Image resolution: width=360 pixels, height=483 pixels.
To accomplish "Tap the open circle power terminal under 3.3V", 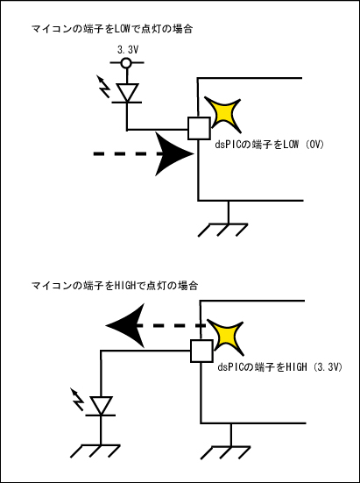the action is coord(126,63).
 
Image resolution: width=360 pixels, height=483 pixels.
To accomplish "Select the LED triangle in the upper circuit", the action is coord(126,92).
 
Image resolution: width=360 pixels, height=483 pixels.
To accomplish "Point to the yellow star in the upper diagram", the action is coord(222,115).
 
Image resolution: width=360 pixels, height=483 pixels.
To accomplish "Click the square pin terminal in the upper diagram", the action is coord(199,128).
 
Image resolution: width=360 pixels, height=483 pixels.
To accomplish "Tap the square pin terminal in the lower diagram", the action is coord(201,351).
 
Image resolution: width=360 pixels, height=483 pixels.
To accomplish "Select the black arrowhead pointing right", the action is coord(173,153).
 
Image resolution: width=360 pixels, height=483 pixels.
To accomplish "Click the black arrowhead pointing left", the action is coord(125,325).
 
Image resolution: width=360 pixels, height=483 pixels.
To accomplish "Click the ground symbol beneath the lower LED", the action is coord(95,451).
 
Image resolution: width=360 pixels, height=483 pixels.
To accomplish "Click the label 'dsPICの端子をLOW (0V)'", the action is coord(270,144).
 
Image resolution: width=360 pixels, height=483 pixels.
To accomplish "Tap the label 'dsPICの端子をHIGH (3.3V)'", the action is coord(280,367).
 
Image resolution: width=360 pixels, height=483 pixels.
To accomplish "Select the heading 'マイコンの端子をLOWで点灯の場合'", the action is coord(112,29).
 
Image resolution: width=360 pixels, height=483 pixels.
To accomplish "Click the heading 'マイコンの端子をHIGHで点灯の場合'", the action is coord(115,286).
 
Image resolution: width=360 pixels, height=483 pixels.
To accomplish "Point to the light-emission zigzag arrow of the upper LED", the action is coord(103,87).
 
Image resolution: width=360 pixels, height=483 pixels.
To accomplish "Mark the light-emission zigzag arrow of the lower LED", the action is coord(77,400).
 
